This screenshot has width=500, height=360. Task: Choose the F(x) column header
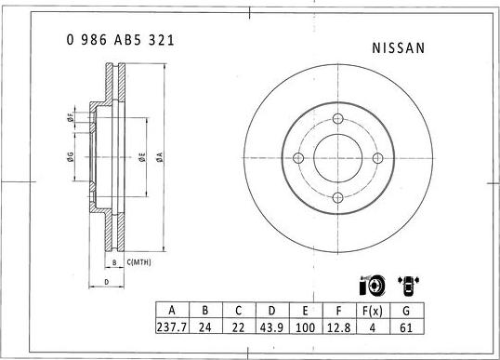pyautogui.click(x=372, y=312)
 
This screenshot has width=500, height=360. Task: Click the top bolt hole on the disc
pyautogui.click(x=337, y=120)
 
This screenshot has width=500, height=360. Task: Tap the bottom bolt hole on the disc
pyautogui.click(x=337, y=198)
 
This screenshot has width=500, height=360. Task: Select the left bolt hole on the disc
pyautogui.click(x=298, y=159)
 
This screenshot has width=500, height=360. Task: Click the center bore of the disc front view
pyautogui.click(x=337, y=159)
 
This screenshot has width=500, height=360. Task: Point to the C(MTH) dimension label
pyautogui.click(x=138, y=264)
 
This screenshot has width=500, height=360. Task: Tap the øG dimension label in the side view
pyautogui.click(x=71, y=157)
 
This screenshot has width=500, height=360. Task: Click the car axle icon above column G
pyautogui.click(x=406, y=285)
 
